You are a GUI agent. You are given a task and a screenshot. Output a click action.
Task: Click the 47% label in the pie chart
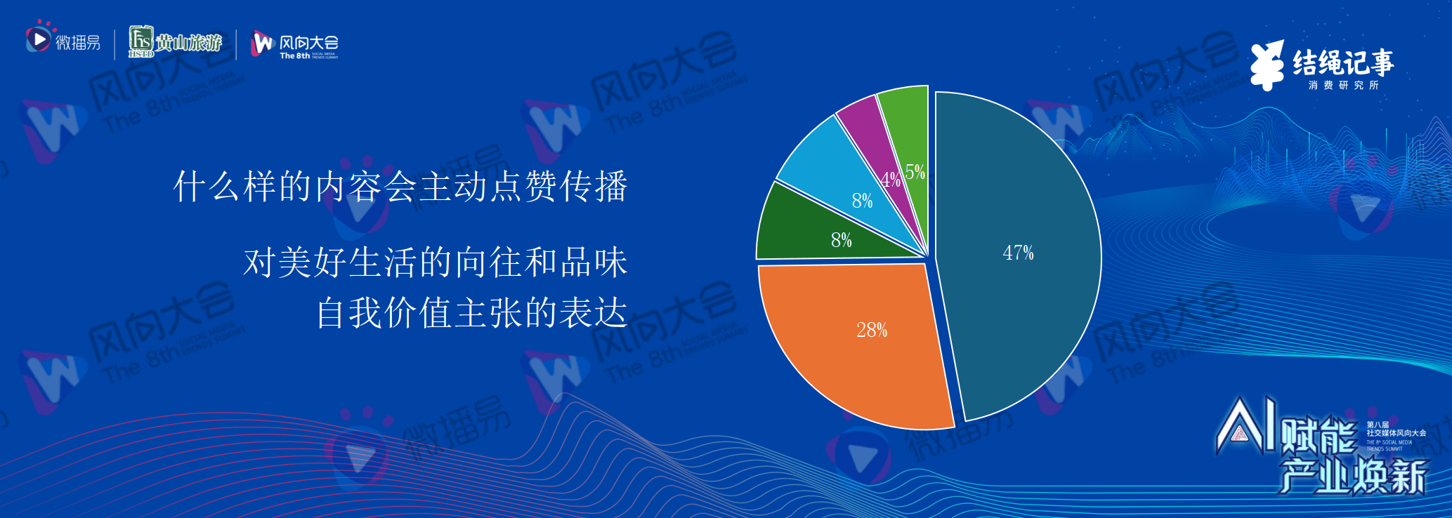pyautogui.click(x=1018, y=253)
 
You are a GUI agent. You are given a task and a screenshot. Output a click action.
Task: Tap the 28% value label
pyautogui.click(x=872, y=330)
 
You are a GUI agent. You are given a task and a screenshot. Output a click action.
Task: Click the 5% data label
pyautogui.click(x=915, y=172)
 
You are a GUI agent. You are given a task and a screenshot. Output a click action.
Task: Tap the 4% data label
pyautogui.click(x=890, y=180)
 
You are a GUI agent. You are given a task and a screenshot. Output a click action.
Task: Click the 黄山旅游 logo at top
pyautogui.click(x=176, y=42)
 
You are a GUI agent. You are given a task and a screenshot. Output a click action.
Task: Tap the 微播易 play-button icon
pyautogui.click(x=38, y=39)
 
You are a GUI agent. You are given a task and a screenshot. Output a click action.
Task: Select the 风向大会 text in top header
pyautogui.click(x=308, y=42)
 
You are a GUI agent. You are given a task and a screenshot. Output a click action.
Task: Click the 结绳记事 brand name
pyautogui.click(x=1343, y=62)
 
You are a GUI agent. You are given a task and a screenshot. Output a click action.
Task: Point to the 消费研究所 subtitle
pyautogui.click(x=1343, y=85)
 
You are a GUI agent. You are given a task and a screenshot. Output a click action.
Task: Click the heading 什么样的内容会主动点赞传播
pyautogui.click(x=400, y=187)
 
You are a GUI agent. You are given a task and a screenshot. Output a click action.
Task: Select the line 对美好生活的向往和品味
pyautogui.click(x=436, y=263)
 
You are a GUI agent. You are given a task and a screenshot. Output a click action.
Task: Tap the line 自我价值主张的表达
pyautogui.click(x=471, y=312)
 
